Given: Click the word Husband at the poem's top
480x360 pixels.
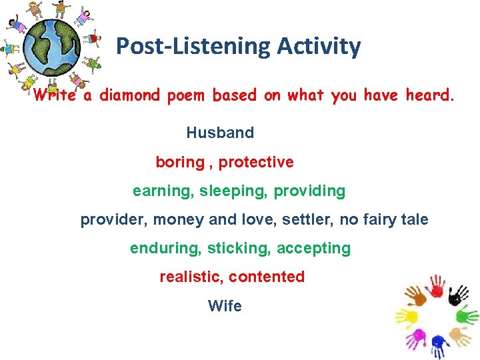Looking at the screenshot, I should [220, 133].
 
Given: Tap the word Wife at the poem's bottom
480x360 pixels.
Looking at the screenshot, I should [225, 306].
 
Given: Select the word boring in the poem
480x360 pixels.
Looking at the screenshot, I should [180, 162].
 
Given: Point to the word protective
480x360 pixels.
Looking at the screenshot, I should [256, 162].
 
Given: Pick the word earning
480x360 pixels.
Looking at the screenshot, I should [163, 191].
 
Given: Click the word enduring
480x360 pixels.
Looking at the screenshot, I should [165, 248].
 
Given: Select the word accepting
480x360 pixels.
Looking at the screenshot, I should [313, 248].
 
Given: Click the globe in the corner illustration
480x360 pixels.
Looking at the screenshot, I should [51, 47].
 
